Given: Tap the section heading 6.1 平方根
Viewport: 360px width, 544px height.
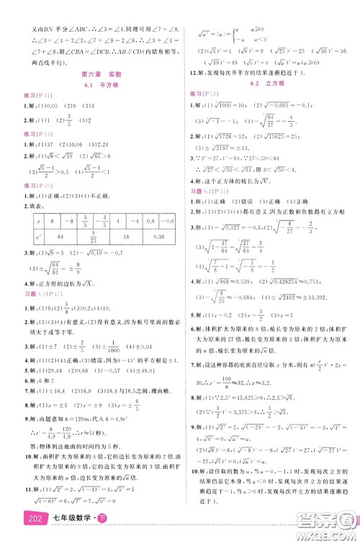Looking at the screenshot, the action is [90, 86].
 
